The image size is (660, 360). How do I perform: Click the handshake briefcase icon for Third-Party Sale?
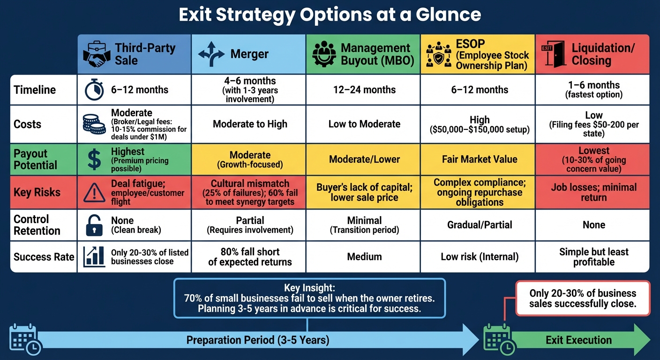point(96,54)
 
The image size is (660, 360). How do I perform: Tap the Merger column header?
point(248,54)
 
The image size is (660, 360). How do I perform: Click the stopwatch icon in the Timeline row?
point(94,90)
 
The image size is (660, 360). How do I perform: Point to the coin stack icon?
point(94,124)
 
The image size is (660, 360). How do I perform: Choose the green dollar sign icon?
point(94,159)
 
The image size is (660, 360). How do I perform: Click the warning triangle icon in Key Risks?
point(94,192)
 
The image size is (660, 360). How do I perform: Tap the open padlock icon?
point(94,225)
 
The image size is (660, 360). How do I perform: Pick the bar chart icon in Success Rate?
point(94,256)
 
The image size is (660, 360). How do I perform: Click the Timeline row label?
point(35,90)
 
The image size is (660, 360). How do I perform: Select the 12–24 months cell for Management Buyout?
point(364,90)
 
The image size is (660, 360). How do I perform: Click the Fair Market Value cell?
point(480,159)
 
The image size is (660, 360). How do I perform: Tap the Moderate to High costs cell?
point(249,124)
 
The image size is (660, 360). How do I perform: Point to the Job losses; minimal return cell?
point(593,192)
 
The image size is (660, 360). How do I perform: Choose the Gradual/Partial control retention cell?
point(480,225)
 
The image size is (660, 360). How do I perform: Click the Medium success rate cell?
point(364,256)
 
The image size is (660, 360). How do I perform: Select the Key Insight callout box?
point(309,298)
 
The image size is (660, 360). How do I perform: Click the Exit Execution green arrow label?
point(578,340)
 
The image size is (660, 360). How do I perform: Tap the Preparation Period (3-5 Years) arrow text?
point(258,340)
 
